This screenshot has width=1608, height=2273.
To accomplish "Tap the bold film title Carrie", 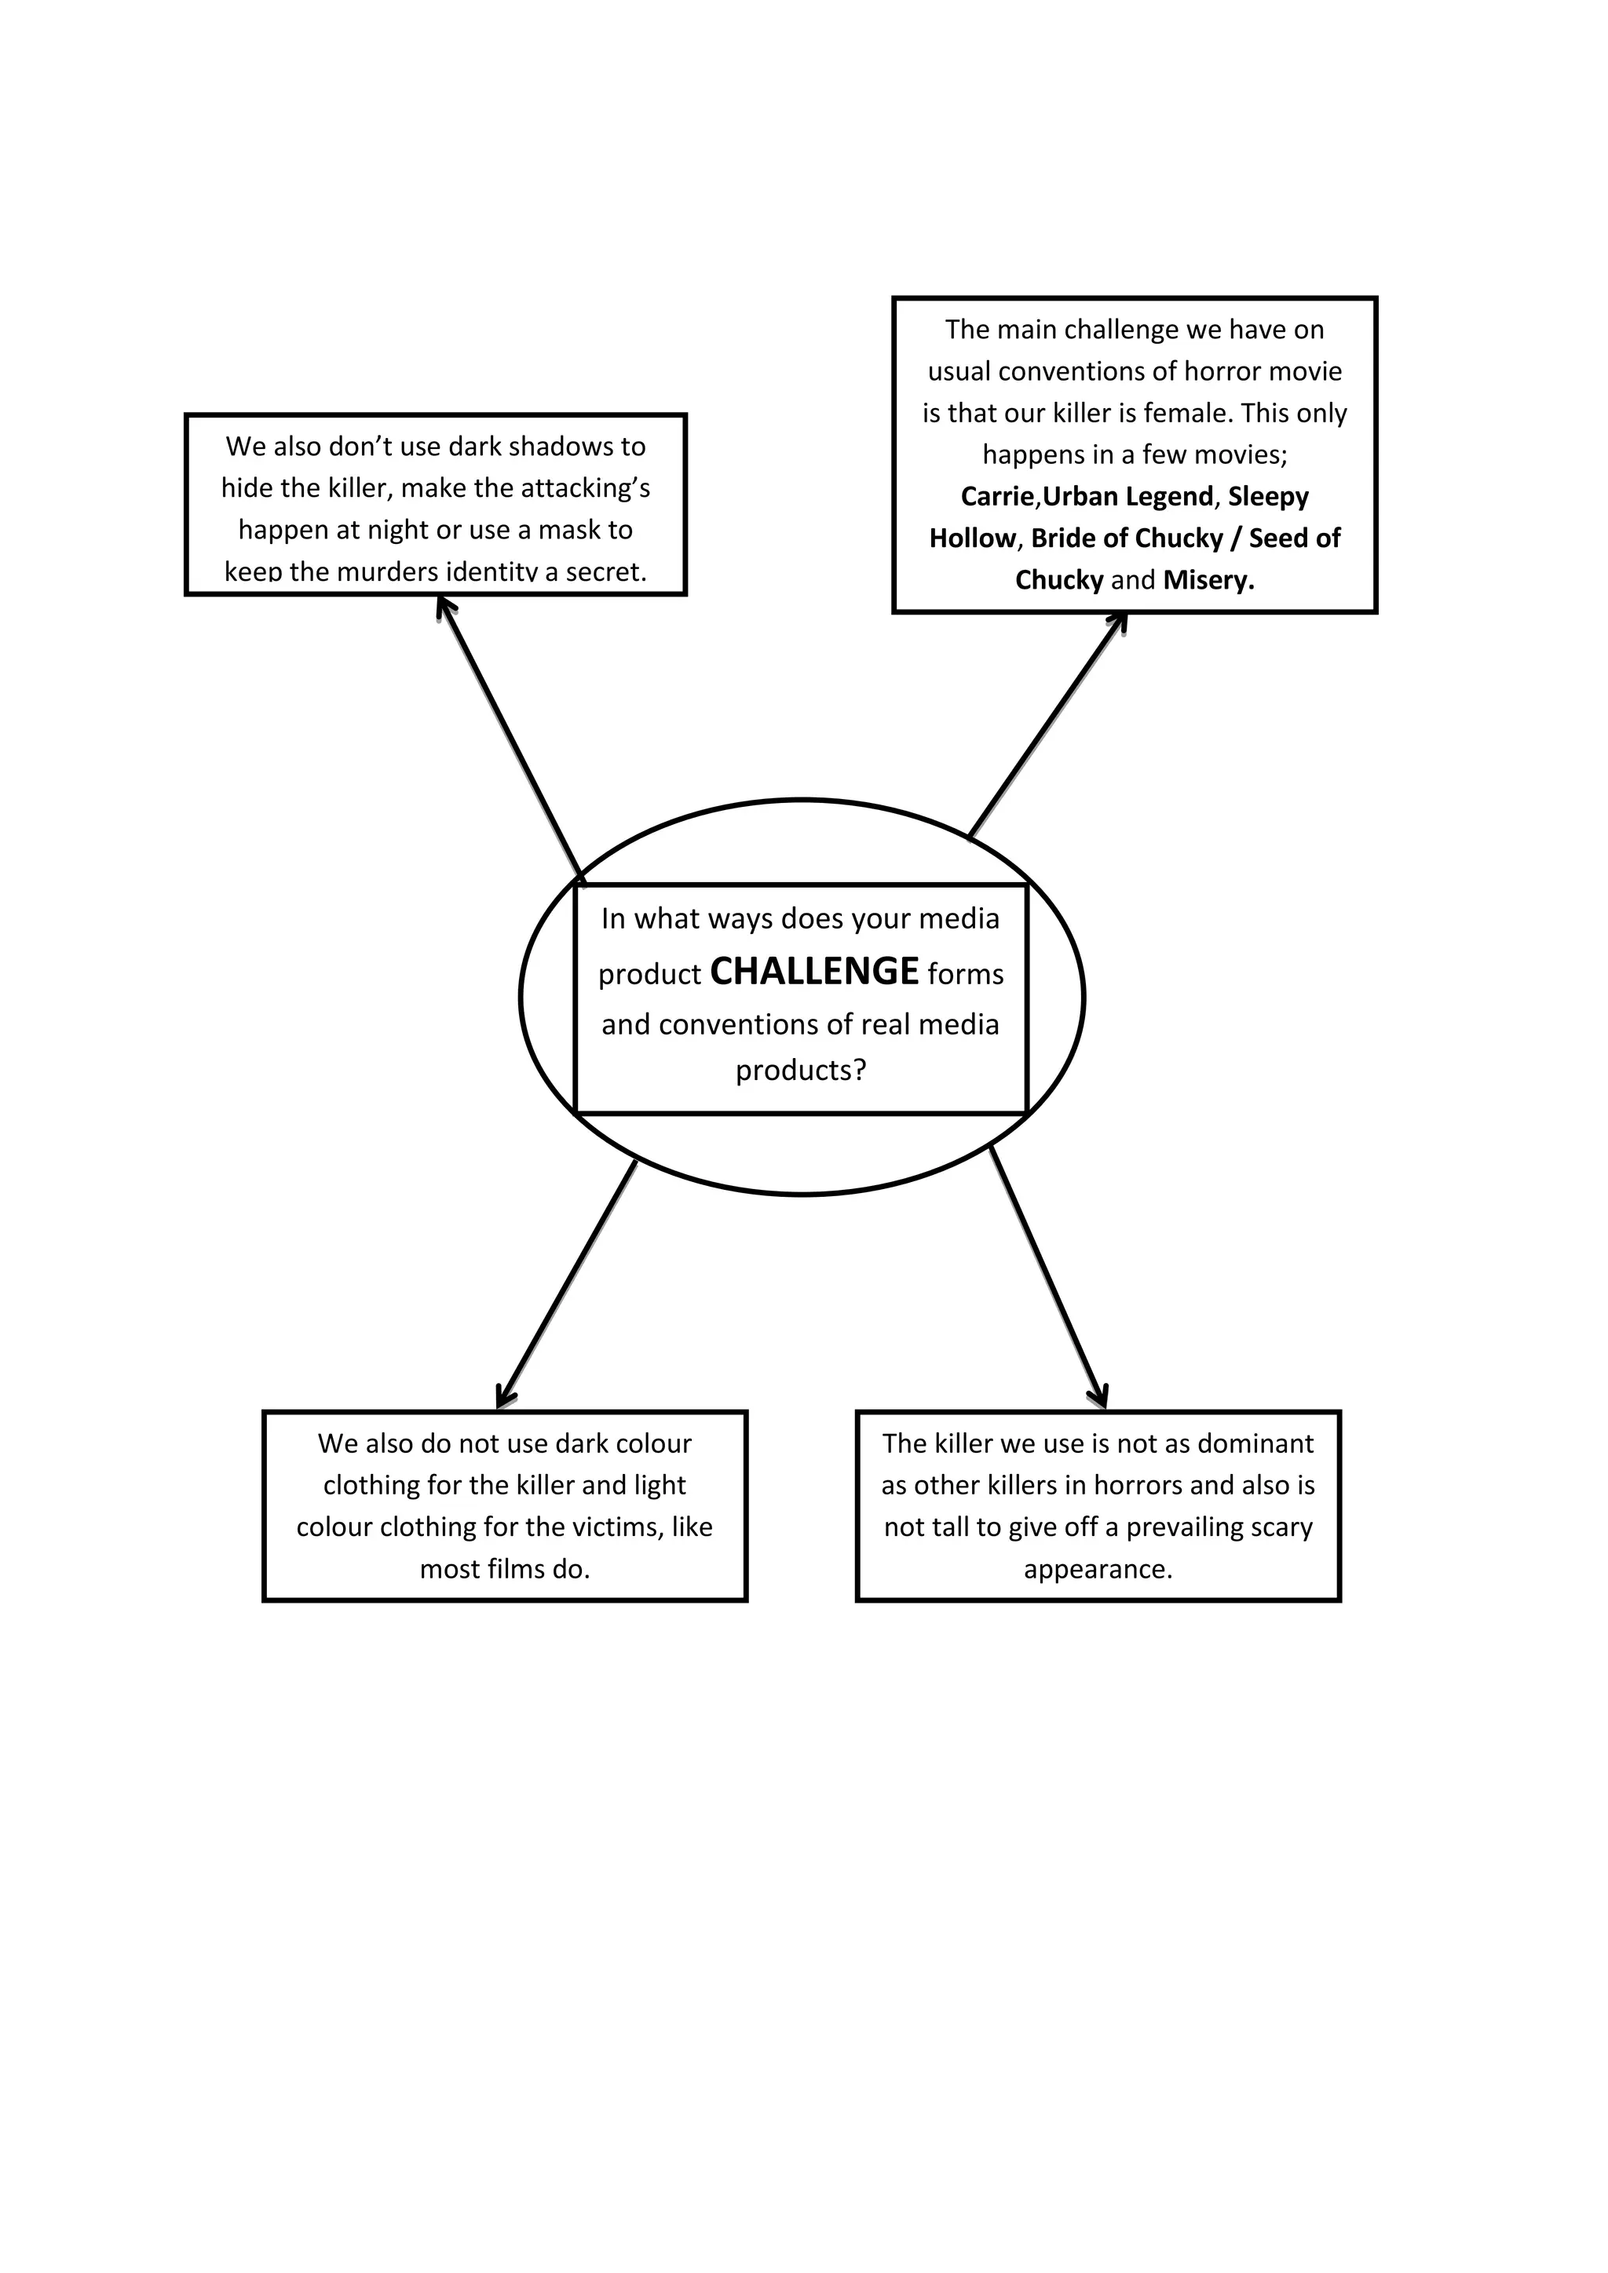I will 997,496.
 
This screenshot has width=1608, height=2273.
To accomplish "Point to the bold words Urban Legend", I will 1127,496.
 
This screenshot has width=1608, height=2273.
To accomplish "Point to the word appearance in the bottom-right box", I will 1098,1569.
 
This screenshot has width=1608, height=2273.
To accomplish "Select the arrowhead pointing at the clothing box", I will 503,1399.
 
